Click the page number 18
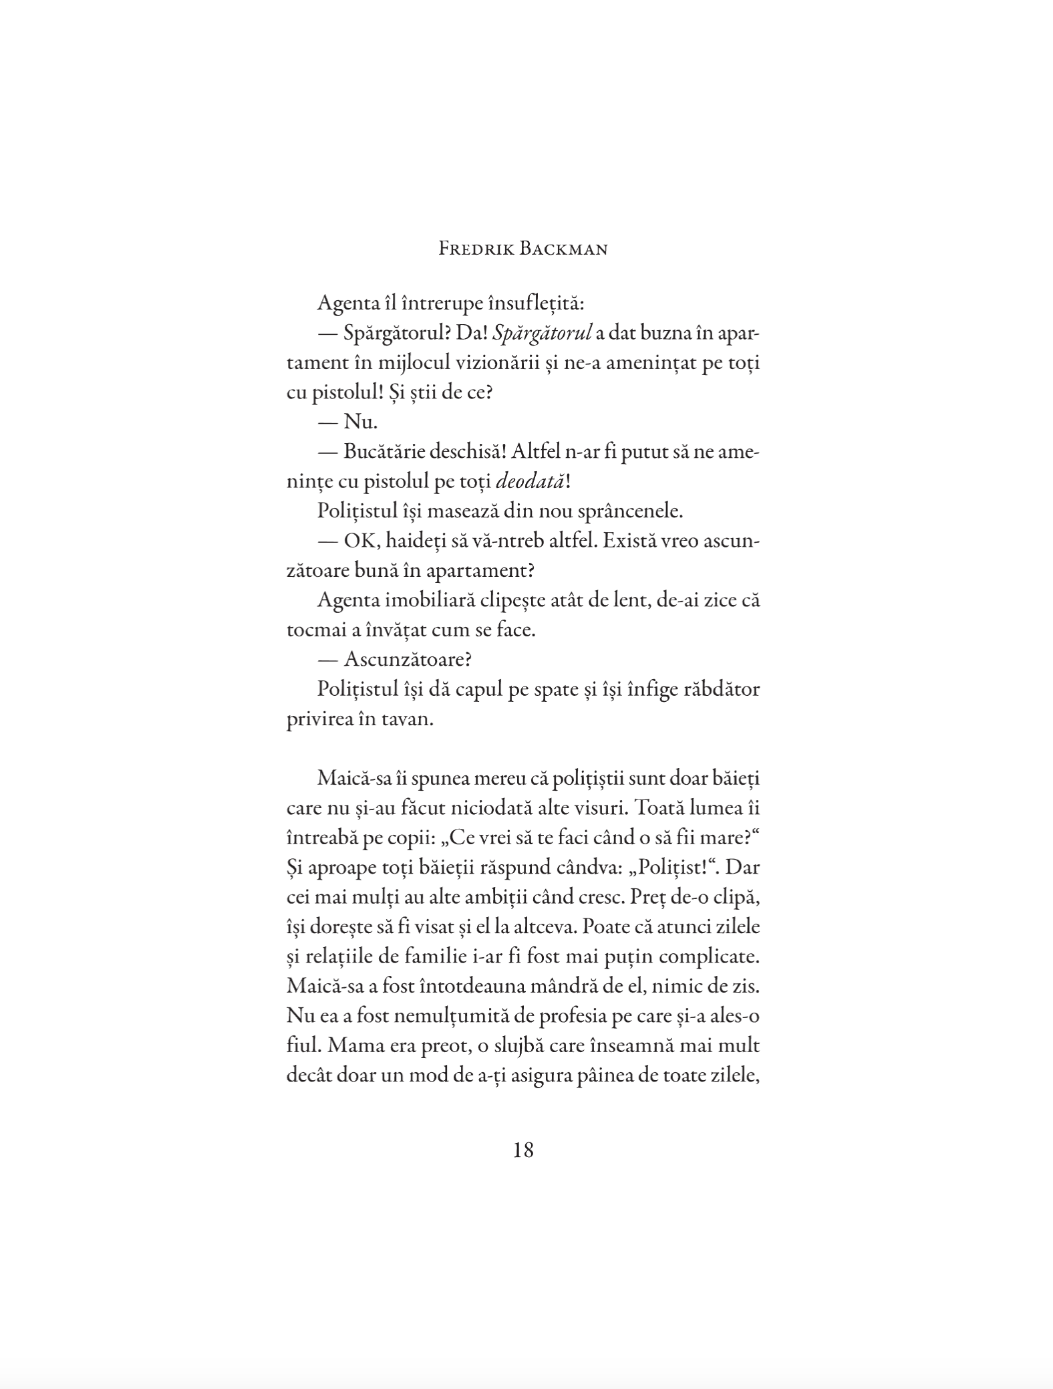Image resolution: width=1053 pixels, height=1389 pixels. click(524, 1150)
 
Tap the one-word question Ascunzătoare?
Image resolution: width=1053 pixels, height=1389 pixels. click(408, 660)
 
